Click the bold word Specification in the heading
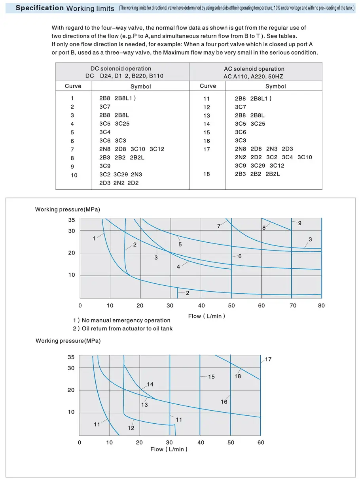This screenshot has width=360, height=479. [x=40, y=8]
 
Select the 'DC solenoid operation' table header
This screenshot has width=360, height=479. [x=126, y=69]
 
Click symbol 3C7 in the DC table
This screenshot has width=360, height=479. [x=105, y=107]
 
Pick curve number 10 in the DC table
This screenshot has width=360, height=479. [x=74, y=175]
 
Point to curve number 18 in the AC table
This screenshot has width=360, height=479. [x=207, y=174]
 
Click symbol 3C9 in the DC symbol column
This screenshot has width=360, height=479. [x=105, y=166]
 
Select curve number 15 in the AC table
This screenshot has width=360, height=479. [x=207, y=132]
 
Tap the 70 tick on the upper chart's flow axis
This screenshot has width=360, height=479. [x=292, y=306]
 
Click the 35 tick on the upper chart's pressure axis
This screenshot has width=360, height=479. [x=71, y=220]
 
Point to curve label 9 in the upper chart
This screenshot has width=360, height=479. [x=299, y=223]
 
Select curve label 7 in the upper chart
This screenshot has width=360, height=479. [x=219, y=226]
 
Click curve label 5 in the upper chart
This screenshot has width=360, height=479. [x=180, y=245]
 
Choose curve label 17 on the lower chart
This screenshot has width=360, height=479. [x=268, y=360]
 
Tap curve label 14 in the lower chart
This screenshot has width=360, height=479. [x=150, y=384]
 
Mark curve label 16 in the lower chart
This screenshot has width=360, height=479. [x=224, y=402]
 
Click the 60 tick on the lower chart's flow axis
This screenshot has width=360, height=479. [x=261, y=442]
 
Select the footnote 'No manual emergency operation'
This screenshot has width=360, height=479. [x=126, y=321]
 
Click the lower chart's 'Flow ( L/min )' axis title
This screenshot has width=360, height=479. [x=169, y=449]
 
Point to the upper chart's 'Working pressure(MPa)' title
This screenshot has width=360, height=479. [x=68, y=209]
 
